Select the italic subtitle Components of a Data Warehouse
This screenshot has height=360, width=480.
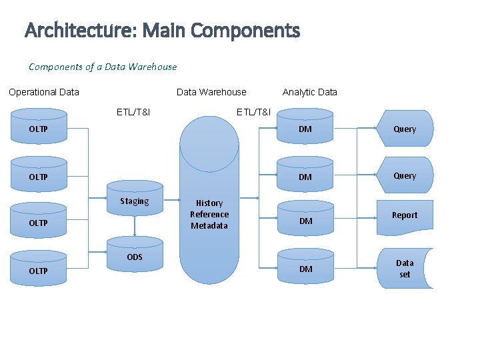[103, 67]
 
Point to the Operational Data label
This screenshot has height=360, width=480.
[44, 92]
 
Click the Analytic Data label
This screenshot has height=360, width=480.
[309, 92]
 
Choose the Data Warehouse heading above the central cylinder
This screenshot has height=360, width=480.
[211, 92]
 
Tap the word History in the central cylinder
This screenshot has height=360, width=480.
[209, 203]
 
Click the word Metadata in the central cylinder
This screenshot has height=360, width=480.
[209, 225]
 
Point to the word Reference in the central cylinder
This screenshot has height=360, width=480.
[209, 214]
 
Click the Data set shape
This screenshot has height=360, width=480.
[405, 268]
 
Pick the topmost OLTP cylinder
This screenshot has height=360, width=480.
[39, 129]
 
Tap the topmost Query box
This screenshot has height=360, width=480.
[405, 129]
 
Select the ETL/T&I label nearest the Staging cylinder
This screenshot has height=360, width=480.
[133, 111]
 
